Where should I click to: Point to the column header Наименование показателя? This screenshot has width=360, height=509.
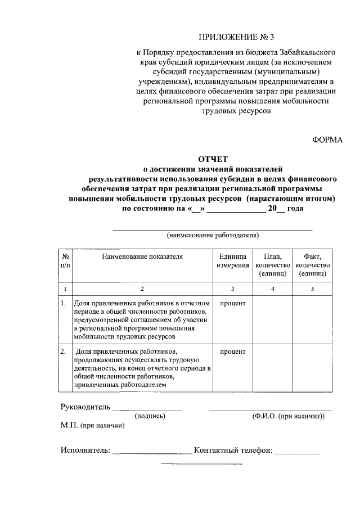coord(142,256)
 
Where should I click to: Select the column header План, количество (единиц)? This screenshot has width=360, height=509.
coord(272,264)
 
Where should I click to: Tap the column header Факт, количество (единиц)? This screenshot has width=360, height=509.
coord(312,264)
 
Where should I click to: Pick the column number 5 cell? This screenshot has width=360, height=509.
coord(312,289)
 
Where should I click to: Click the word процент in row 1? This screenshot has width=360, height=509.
coord(233,304)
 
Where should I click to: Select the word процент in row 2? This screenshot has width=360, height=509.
coord(233,352)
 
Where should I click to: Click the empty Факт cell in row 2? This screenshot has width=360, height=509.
coord(312,368)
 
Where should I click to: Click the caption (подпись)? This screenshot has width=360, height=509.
coord(150,416)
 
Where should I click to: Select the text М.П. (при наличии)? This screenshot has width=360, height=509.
coord(92,426)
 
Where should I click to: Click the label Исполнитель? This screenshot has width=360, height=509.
coord(85,451)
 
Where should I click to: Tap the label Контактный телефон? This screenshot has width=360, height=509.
coord(233,451)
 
